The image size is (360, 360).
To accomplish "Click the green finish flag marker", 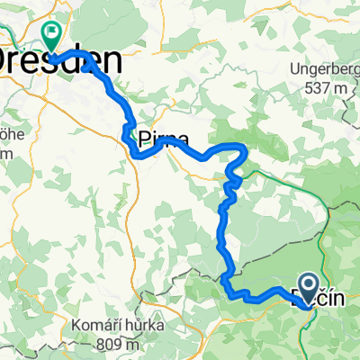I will [51, 37].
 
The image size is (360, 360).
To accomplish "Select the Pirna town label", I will [164, 139].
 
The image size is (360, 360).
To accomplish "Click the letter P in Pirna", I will [146, 139].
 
